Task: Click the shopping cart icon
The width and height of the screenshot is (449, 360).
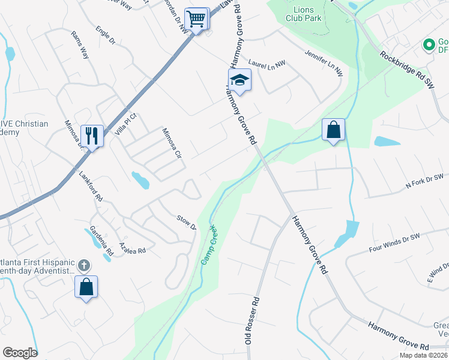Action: coord(196,19)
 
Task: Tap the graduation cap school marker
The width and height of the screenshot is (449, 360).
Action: coord(239,80)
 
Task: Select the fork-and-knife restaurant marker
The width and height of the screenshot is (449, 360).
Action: coord(91,136)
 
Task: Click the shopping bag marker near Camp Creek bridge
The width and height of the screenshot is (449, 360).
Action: coord(333,130)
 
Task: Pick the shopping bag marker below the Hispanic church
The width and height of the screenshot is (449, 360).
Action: coord(86,286)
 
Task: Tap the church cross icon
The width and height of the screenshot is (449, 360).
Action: coord(84,265)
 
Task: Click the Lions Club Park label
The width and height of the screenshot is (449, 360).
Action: coord(304,14)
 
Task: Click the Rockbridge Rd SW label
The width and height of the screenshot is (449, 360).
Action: coord(406,70)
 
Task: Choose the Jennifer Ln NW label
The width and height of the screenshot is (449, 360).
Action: coord(323,62)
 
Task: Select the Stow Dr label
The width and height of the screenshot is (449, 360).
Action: coord(186,222)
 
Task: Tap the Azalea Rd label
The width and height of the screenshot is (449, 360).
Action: coord(133,247)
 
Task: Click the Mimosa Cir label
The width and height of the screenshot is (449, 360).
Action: coord(172,142)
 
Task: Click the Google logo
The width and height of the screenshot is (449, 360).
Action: coord(20,353)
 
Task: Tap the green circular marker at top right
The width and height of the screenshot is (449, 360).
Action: coord(429,44)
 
